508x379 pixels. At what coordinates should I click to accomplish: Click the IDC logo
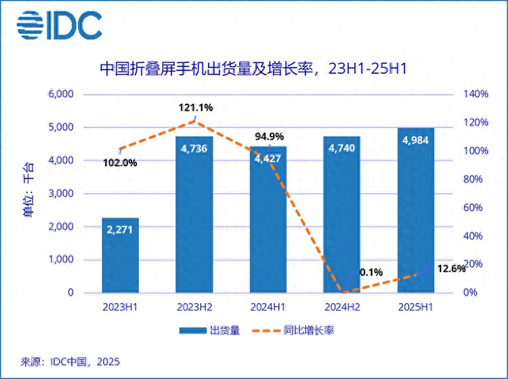pyautogui.click(x=59, y=25)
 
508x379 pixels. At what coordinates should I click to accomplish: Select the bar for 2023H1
pyautogui.click(x=121, y=256)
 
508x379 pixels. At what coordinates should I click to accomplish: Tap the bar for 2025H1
pyautogui.click(x=415, y=210)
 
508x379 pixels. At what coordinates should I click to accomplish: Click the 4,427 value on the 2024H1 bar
pyautogui.click(x=268, y=160)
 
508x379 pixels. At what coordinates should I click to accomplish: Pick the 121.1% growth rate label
pyautogui.click(x=196, y=107)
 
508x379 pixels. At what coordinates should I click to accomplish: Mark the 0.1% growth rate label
pyautogui.click(x=371, y=273)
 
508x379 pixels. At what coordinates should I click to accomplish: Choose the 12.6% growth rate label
pyautogui.click(x=450, y=268)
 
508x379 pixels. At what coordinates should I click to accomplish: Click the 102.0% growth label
pyautogui.click(x=120, y=163)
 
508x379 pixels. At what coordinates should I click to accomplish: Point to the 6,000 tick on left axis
pyautogui.click(x=60, y=94)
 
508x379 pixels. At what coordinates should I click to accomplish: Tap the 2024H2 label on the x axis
pyautogui.click(x=341, y=306)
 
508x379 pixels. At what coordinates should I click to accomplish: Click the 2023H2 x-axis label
pyautogui.click(x=194, y=306)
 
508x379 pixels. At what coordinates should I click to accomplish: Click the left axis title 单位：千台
pyautogui.click(x=27, y=193)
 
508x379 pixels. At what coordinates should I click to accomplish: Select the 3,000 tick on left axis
pyautogui.click(x=60, y=194)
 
